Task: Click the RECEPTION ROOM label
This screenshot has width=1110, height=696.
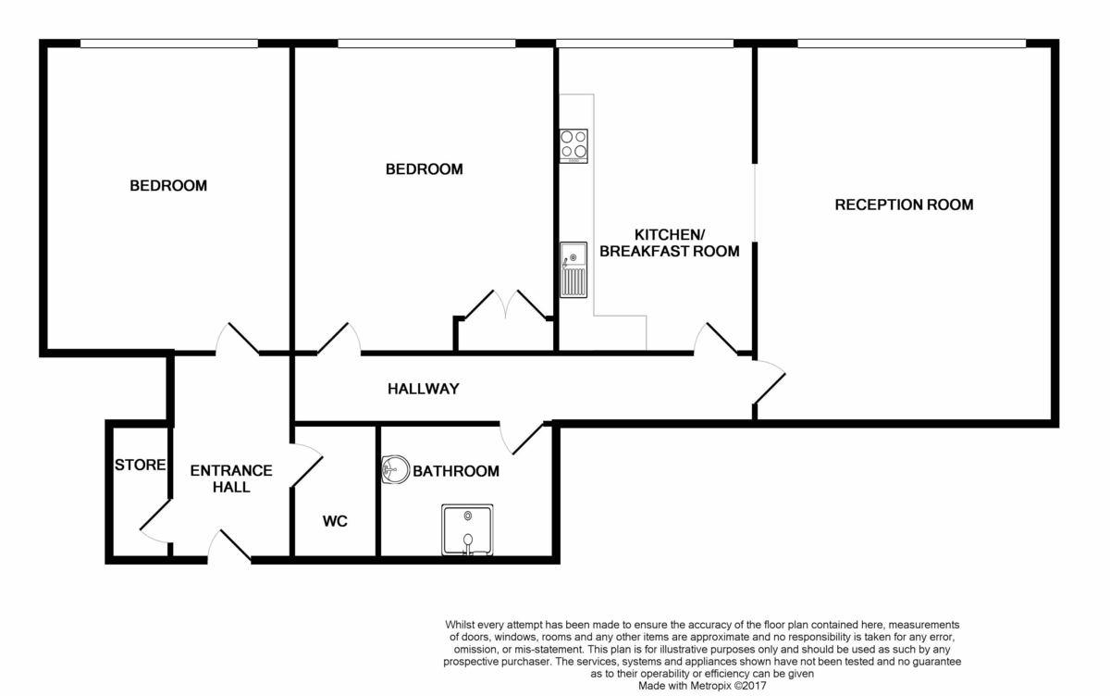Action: tap(904, 205)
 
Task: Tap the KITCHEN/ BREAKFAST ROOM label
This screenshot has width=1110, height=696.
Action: tap(670, 242)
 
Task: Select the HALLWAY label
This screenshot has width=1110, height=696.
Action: tap(423, 389)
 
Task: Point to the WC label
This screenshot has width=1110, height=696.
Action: tap(335, 522)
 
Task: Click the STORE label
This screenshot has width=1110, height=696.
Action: tap(140, 465)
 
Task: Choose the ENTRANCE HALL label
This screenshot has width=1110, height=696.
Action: tap(230, 478)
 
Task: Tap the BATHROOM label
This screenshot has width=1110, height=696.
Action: tap(455, 471)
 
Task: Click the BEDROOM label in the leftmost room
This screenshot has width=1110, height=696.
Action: tap(168, 186)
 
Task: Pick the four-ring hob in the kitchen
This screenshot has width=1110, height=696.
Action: tap(573, 145)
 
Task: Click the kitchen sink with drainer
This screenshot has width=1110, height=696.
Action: tap(573, 269)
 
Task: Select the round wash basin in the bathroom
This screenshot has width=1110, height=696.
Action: tap(395, 469)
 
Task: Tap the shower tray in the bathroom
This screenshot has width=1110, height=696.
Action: tap(467, 530)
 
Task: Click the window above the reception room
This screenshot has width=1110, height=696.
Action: tap(911, 43)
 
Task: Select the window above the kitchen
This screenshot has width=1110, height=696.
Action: tap(645, 43)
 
